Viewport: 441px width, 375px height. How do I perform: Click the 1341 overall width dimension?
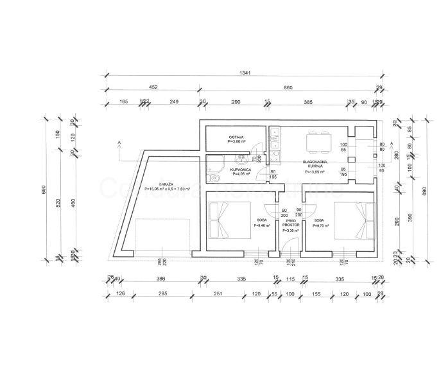[241, 73]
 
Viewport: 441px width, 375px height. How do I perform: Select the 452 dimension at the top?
[153, 87]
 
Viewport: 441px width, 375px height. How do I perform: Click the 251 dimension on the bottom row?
[218, 293]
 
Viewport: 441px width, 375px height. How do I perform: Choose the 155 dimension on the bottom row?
[317, 293]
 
